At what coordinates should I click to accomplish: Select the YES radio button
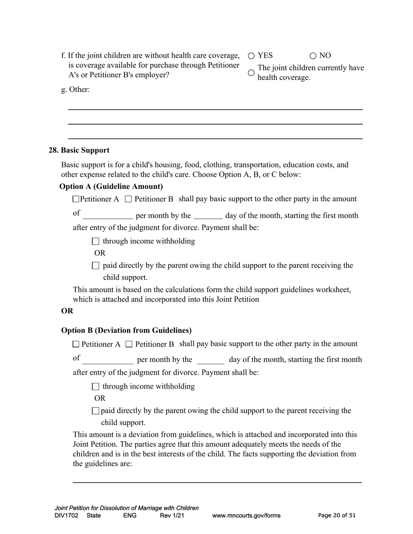[251, 56]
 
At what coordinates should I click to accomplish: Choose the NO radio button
[313, 56]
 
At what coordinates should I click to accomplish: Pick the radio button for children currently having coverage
[251, 73]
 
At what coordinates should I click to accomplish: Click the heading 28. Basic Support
[79, 150]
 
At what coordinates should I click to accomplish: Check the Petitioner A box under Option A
[76, 199]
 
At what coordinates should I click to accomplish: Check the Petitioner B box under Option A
[128, 199]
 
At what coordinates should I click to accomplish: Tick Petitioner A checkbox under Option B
[76, 344]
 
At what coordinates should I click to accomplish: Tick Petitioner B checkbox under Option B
[129, 344]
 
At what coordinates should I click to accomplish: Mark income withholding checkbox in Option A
[96, 241]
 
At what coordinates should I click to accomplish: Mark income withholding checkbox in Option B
[96, 386]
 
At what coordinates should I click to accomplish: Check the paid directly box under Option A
[96, 266]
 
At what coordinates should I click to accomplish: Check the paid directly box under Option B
[96, 411]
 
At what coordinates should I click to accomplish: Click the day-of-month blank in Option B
[210, 360]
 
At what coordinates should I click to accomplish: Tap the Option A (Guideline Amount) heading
[111, 187]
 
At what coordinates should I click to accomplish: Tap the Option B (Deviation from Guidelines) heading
[126, 330]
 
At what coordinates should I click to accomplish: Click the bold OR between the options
[67, 311]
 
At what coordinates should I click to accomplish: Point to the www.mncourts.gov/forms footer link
[246, 516]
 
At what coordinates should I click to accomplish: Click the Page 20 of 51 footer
[337, 515]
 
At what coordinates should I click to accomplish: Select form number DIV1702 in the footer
[67, 516]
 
